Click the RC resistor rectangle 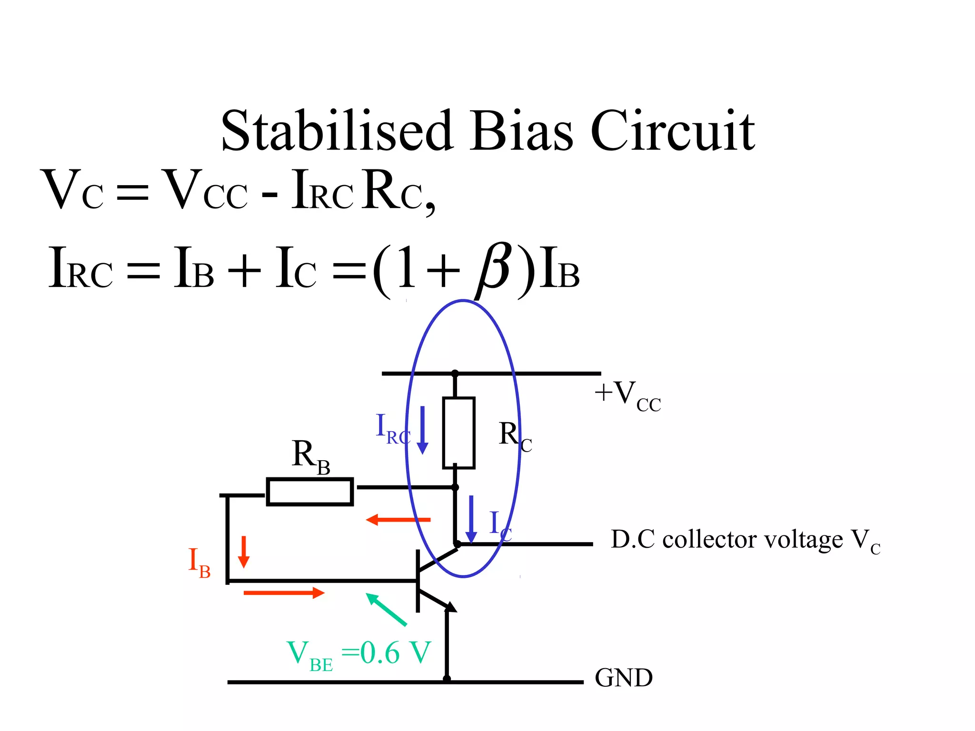coord(458,433)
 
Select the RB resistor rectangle coord(309,492)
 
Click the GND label coord(624,678)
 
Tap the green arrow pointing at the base coord(386,609)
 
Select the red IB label coord(199,563)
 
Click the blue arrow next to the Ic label coord(471,519)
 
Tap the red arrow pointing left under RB coord(398,520)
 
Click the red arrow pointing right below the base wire coord(284,593)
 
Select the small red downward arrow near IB coord(244,552)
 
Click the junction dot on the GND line coord(447,679)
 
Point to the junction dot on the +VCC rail coord(455,374)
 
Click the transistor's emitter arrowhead coord(450,607)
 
